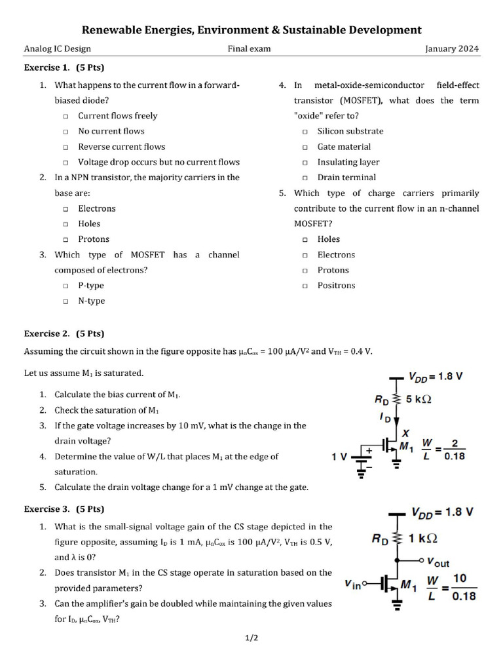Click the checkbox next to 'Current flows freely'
tap(66, 116)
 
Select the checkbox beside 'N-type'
tap(66, 301)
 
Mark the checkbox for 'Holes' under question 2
tap(66, 224)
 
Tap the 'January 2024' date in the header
tap(451, 48)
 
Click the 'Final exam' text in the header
tap(249, 48)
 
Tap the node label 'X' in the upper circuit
tap(406, 433)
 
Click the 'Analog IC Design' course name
tap(57, 48)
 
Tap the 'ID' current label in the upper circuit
tap(386, 417)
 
